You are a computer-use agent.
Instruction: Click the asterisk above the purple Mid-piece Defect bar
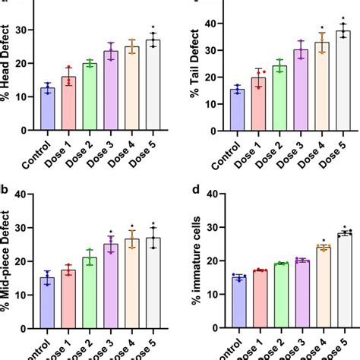(x=111, y=232)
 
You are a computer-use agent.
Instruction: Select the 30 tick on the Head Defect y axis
(x=28, y=30)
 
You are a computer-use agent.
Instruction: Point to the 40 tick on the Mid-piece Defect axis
(x=28, y=194)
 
